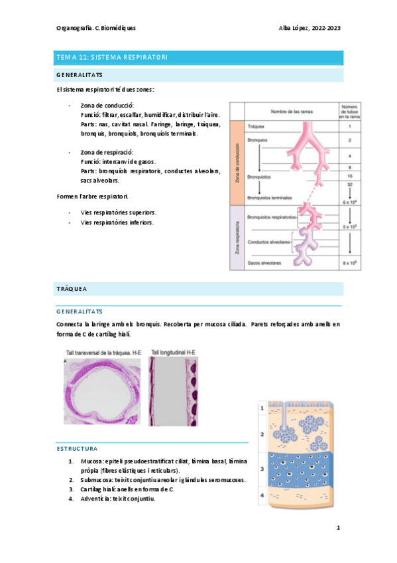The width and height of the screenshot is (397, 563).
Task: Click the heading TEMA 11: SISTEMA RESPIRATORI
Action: coord(111,58)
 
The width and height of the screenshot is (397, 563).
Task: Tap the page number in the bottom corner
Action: coord(338,528)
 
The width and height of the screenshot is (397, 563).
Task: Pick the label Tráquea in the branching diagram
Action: coord(256,125)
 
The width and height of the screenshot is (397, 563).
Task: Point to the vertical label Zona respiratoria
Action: coord(236,240)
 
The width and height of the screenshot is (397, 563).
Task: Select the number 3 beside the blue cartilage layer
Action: coord(262,469)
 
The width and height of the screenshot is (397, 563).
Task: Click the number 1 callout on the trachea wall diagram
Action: coord(262,408)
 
